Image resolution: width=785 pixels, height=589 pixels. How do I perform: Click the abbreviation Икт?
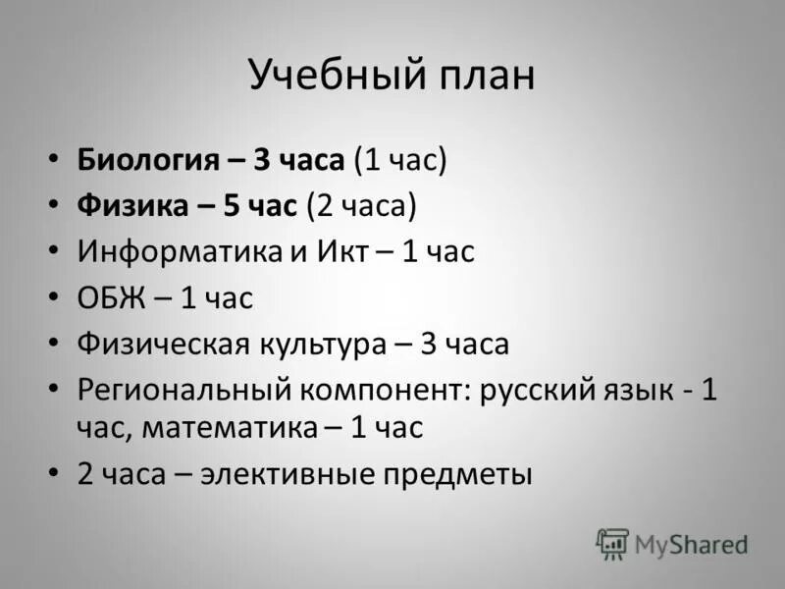coord(342,251)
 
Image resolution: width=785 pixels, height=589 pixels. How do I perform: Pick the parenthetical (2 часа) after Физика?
coord(360,205)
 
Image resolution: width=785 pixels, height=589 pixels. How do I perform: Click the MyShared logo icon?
coord(612,543)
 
